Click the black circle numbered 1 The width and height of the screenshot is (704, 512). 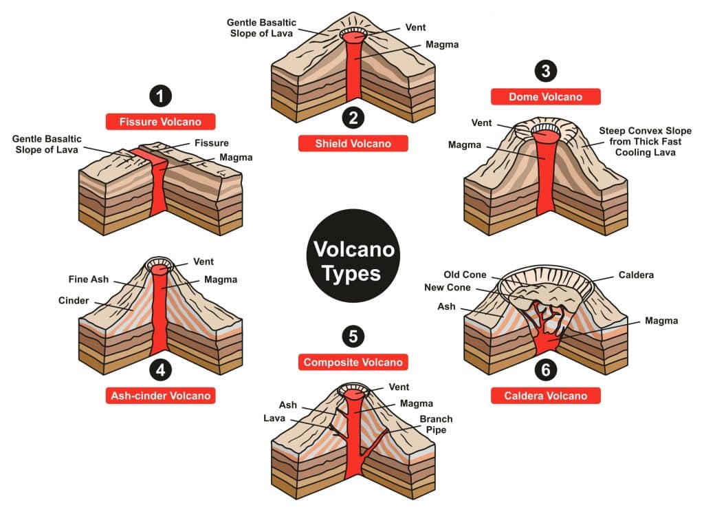coord(160,96)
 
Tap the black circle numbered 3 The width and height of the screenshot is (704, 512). coord(545,71)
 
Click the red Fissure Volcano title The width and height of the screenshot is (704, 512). coord(160,122)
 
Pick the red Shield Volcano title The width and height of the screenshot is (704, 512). coord(353,143)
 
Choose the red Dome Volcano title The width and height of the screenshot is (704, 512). coord(545,97)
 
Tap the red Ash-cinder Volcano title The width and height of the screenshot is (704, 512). coord(160,396)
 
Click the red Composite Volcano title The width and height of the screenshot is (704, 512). coord(353,362)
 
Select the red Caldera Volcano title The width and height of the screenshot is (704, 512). coord(545,396)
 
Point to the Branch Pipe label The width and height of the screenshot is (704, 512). coord(436,425)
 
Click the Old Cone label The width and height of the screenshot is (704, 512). coord(465,275)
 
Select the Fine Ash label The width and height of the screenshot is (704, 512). coord(87,279)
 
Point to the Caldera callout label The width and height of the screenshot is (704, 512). coord(636,275)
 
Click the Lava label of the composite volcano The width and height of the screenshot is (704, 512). coord(274,418)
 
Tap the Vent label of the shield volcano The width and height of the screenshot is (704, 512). coord(415,28)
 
